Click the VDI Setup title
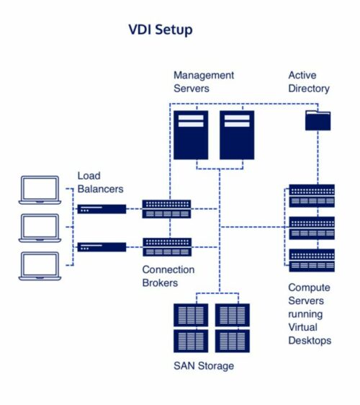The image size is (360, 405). [x=161, y=30]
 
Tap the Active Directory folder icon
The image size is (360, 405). [x=318, y=120]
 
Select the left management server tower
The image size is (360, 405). [x=191, y=135]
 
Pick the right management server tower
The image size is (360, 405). [x=237, y=135]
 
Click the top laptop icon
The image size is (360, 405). [x=40, y=190]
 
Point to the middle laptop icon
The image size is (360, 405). [x=40, y=228]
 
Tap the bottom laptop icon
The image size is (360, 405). [x=40, y=266]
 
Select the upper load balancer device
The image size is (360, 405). [x=102, y=209]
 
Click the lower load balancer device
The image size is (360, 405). [x=102, y=247]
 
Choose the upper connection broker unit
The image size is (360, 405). [x=167, y=209]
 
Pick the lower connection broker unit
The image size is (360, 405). [x=167, y=247]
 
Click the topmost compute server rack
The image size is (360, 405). [x=312, y=196]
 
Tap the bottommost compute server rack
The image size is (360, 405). [x=312, y=260]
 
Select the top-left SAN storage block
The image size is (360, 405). [x=191, y=315]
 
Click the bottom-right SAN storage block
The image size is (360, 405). [x=233, y=341]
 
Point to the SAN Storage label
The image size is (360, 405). [x=204, y=366]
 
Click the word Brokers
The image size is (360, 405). [x=160, y=282]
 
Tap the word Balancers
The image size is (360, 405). [x=100, y=189]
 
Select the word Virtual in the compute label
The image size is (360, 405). [x=302, y=327]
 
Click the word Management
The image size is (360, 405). [x=204, y=76]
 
